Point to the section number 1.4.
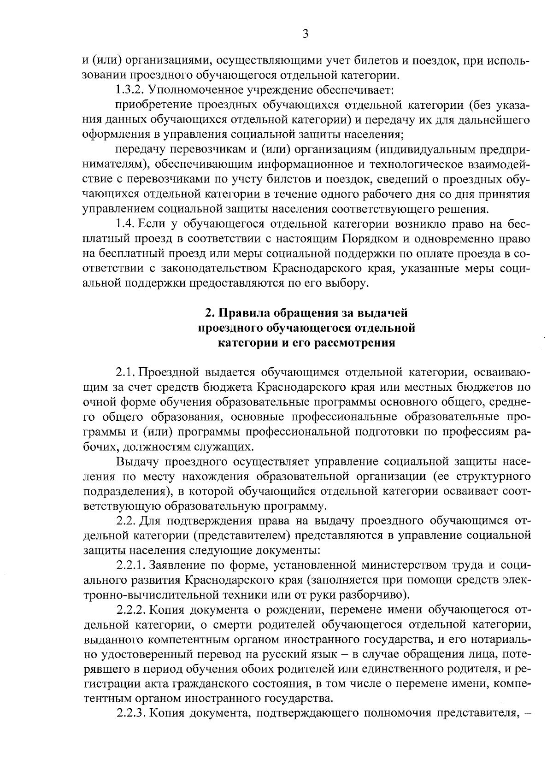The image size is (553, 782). click(x=124, y=224)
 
